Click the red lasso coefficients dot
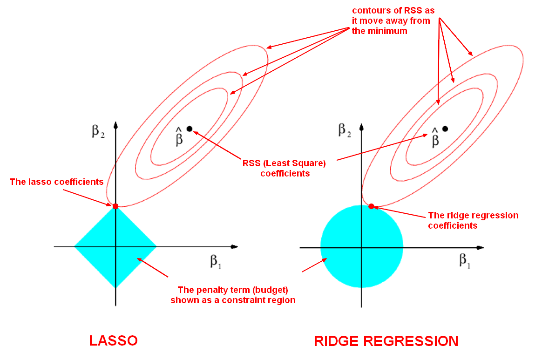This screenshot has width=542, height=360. pyautogui.click(x=115, y=206)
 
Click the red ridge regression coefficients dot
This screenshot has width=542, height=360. pyautogui.click(x=371, y=206)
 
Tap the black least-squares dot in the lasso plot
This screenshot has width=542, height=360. pyautogui.click(x=190, y=129)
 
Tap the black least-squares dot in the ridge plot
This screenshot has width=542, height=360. pyautogui.click(x=445, y=129)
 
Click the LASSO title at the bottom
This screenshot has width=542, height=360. pyautogui.click(x=113, y=340)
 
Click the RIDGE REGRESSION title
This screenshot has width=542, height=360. pyautogui.click(x=386, y=341)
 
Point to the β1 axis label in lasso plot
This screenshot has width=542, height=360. pyautogui.click(x=215, y=261)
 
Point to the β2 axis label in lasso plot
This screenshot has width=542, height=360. pyautogui.click(x=98, y=131)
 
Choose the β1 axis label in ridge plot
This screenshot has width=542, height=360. pyautogui.click(x=465, y=260)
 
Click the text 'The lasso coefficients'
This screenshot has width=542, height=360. pyautogui.click(x=56, y=182)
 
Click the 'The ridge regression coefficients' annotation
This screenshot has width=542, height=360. pyautogui.click(x=473, y=220)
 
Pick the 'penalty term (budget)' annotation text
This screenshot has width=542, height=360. pyautogui.click(x=233, y=295)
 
